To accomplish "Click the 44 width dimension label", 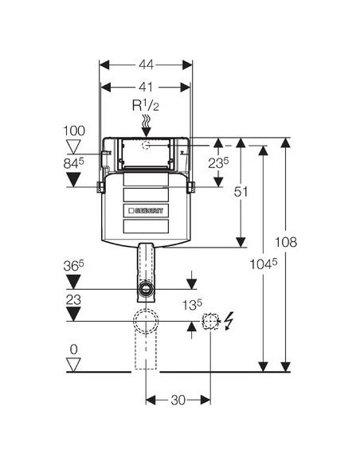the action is point(147,64).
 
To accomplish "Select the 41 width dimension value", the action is point(147,88).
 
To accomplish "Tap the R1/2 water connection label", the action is point(145,105).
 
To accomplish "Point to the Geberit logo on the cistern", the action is point(146,210).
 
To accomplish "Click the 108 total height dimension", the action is point(286,242).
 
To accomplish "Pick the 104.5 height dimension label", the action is point(264,264).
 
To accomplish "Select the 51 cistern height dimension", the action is point(241,192).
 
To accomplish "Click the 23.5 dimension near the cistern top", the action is point(218,162).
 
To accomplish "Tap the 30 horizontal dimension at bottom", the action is point(178,400).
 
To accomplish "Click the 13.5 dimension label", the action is point(192,305).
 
